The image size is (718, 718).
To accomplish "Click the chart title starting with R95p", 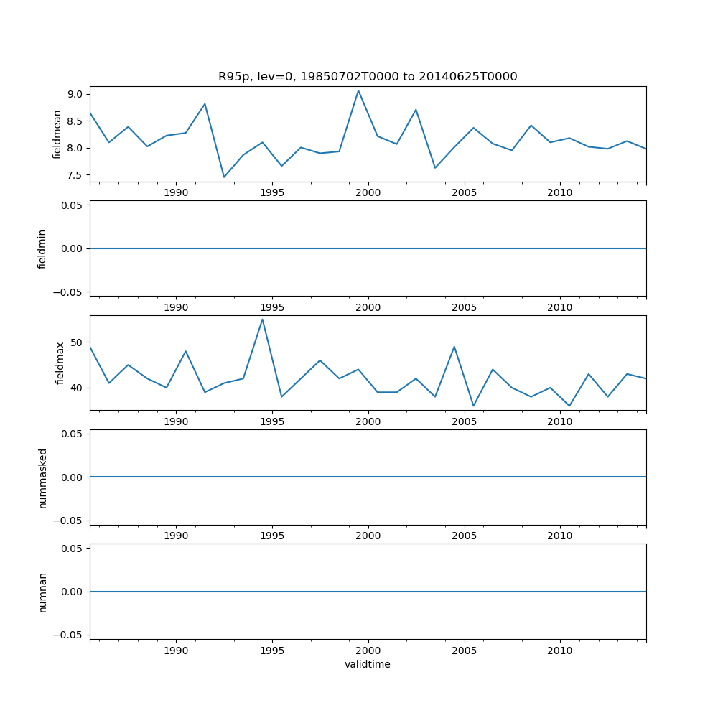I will pyautogui.click(x=368, y=77).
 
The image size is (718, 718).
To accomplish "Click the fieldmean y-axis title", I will pyautogui.click(x=57, y=134).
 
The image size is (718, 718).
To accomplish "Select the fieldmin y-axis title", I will pyautogui.click(x=42, y=248).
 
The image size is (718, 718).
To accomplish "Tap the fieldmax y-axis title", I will pyautogui.click(x=60, y=363).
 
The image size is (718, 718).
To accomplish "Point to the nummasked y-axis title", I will pyautogui.click(x=43, y=477).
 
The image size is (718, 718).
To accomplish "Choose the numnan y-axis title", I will pyautogui.click(x=43, y=592).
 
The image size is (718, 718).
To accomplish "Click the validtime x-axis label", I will pyautogui.click(x=368, y=664).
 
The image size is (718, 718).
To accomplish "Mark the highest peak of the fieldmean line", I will pyautogui.click(x=358, y=90).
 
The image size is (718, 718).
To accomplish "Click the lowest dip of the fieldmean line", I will pyautogui.click(x=224, y=177).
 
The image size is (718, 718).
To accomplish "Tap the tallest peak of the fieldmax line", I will pyautogui.click(x=262, y=320).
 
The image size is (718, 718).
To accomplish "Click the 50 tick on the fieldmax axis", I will pyautogui.click(x=78, y=342).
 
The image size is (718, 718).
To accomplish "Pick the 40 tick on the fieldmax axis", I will pyautogui.click(x=78, y=388).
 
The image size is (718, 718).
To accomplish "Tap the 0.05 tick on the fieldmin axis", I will pyautogui.click(x=73, y=205).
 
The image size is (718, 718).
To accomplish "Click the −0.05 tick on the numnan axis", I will pyautogui.click(x=70, y=635).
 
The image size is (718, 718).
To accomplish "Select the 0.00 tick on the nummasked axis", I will pyautogui.click(x=73, y=477).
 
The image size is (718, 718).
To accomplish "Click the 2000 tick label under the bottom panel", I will pyautogui.click(x=368, y=651).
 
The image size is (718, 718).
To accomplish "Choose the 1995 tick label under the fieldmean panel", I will pyautogui.click(x=272, y=192).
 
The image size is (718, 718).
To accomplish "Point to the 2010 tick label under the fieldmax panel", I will pyautogui.click(x=559, y=421).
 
